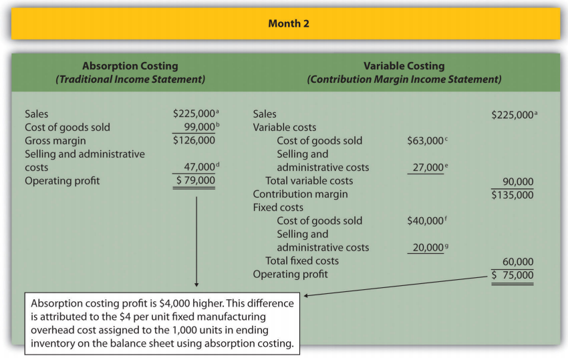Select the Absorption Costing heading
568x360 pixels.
coord(130,66)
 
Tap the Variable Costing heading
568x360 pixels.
coord(404,66)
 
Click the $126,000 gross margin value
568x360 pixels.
coord(194,141)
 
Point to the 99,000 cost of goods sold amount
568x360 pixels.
coord(196,127)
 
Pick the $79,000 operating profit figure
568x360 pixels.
coord(195,180)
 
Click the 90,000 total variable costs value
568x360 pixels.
coord(517,181)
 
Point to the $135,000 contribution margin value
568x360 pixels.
coord(513,194)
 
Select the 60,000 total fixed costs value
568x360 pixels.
coord(517,261)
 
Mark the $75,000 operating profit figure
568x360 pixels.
coord(513,275)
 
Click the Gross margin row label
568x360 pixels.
coord(55,141)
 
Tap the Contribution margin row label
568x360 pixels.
coord(300,194)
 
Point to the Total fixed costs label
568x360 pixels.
coord(302,261)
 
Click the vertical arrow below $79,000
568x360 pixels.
coord(196,240)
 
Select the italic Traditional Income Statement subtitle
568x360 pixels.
coord(130,79)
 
